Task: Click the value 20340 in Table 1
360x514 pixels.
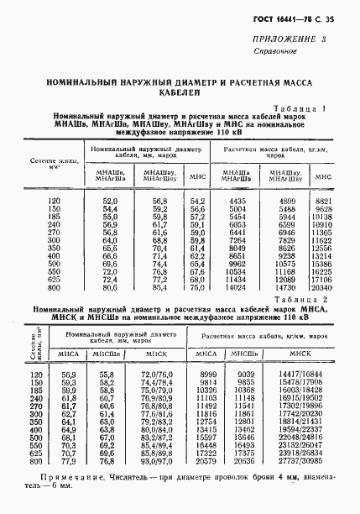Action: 323,287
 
